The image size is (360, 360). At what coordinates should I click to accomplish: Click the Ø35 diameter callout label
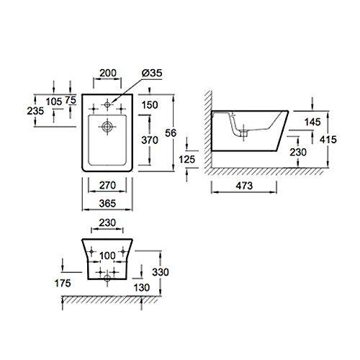click(152, 73)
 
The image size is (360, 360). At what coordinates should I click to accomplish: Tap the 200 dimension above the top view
click(108, 73)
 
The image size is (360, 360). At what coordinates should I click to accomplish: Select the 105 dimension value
click(54, 102)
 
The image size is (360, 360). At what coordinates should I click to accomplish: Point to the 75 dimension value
click(71, 100)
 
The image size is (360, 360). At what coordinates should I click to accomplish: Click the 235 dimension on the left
click(35, 111)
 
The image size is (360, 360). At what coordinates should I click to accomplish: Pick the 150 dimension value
click(150, 105)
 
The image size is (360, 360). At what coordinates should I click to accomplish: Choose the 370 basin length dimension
click(150, 140)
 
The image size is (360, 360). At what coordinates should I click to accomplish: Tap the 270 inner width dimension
click(107, 185)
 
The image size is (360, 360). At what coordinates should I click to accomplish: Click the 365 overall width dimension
click(107, 204)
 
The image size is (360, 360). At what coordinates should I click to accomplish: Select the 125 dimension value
click(187, 159)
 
